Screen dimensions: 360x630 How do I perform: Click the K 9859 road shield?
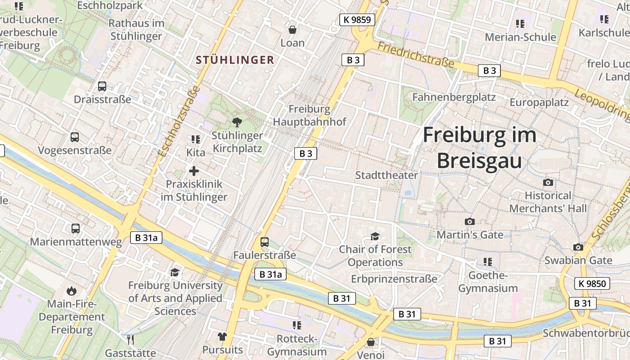pos(357,19)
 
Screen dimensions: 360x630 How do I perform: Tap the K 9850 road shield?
pos(592,283)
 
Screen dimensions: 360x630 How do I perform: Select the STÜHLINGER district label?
pos(235,60)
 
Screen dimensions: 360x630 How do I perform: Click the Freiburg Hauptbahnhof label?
pos(310,115)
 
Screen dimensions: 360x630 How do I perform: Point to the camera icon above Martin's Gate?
pos(470,221)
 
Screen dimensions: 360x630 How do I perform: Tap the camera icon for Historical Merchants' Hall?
pos(548,182)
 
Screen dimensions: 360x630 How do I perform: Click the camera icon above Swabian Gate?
pos(578,247)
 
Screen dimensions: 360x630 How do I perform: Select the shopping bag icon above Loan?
pos(292,30)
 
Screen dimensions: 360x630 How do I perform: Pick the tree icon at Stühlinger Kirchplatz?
pos(237,122)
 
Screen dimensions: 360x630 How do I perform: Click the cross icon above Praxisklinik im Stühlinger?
pos(194,171)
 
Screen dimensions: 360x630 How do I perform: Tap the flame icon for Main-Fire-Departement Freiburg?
pos(71,291)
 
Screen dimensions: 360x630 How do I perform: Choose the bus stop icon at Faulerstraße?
pos(265,242)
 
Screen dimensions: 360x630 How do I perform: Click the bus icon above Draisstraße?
pos(102,86)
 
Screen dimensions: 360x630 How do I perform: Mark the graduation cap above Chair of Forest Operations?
pos(375,236)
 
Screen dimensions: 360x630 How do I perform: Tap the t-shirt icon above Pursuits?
pos(222,336)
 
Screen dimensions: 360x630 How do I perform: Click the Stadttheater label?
pos(387,175)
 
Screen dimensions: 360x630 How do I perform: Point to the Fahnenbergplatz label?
pos(454,97)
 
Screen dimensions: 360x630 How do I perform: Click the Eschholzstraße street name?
pos(179,121)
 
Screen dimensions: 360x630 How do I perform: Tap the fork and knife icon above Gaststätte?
pos(130,339)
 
